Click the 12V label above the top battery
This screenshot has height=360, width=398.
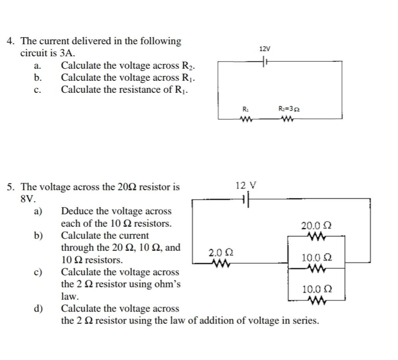pos(265,49)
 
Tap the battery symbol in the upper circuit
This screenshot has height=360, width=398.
pos(265,61)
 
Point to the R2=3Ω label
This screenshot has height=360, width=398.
pos(289,109)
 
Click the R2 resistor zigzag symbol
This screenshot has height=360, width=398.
pos(289,119)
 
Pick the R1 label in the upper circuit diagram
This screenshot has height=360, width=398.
pos(245,109)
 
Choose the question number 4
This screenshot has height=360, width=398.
pos(12,41)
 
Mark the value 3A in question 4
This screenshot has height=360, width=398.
pos(67,53)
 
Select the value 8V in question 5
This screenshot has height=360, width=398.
pos(28,199)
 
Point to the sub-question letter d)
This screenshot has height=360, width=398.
pos(38,309)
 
